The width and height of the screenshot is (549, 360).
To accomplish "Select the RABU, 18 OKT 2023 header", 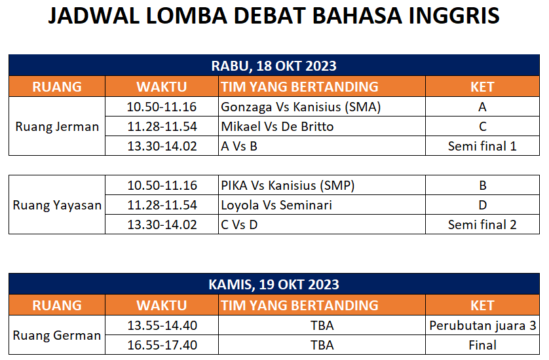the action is pos(274,65).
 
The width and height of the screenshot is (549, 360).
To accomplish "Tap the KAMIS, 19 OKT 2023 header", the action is pos(274,285).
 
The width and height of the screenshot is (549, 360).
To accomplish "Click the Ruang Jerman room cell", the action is pos(57,126).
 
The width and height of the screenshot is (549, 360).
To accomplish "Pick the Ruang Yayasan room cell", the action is pos(57,205).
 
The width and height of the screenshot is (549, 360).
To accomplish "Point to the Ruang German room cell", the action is pos(57,335).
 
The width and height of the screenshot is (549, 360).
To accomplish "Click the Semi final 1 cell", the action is pos(482,146).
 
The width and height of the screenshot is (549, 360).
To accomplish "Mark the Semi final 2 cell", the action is pos(482,225).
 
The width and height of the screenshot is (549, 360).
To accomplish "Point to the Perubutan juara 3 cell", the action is pos(483,326).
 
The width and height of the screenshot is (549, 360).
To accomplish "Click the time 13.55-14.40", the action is pos(162,326).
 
